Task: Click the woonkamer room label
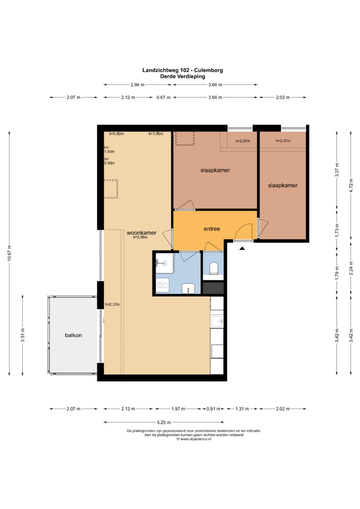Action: [141, 233]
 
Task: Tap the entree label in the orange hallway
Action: [212, 229]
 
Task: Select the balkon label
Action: [73, 335]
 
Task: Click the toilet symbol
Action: [213, 268]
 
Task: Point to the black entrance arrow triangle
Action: [242, 248]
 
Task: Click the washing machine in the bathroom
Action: [162, 285]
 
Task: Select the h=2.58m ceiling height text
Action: [140, 238]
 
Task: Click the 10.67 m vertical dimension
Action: [9, 254]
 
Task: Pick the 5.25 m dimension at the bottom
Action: [164, 422]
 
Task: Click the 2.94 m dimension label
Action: [137, 85]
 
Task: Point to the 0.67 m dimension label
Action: [163, 97]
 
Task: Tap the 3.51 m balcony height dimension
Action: [23, 335]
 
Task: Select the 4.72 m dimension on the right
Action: [351, 185]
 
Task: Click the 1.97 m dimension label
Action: [178, 409]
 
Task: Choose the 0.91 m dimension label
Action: [213, 409]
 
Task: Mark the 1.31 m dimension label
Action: [242, 409]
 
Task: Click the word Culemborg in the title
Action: [209, 70]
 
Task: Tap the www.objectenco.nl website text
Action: [196, 439]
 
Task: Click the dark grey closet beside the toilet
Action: [213, 288]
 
